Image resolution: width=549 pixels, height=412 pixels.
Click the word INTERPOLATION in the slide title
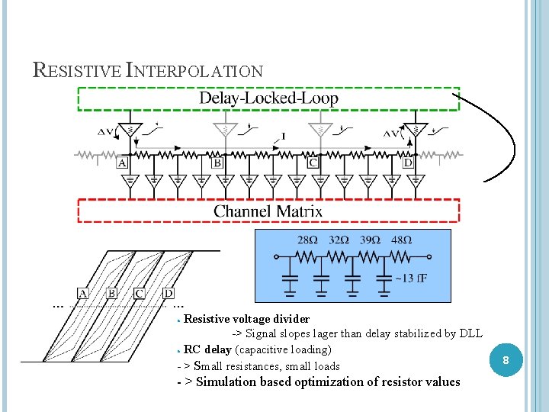(x=194, y=71)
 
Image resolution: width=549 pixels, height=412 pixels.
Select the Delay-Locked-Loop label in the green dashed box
(x=268, y=98)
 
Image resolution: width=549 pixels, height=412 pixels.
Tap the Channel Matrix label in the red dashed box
(x=268, y=211)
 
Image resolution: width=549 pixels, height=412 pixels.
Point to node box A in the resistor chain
(x=122, y=163)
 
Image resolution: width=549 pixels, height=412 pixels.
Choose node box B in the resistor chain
(x=217, y=163)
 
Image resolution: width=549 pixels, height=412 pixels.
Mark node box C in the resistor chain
(x=313, y=163)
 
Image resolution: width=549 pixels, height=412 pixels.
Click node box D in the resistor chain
(x=408, y=163)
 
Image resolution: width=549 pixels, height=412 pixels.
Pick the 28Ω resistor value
(x=307, y=240)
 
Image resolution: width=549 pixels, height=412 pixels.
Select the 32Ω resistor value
(x=339, y=240)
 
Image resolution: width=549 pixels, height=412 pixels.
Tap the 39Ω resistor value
(x=370, y=240)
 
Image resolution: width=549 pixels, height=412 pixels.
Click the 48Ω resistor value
(x=401, y=240)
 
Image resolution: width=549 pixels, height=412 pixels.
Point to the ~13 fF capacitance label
(x=411, y=278)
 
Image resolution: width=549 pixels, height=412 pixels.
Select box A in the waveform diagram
(x=83, y=293)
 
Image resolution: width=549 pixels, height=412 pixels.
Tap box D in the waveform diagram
(x=169, y=293)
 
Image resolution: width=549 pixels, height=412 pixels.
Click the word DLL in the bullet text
(x=471, y=334)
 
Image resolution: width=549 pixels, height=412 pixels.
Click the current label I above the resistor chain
(x=284, y=136)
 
